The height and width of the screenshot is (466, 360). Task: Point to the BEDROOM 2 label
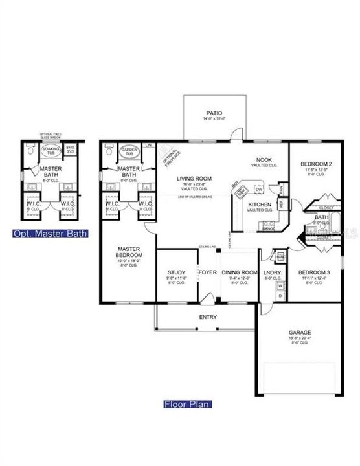[x=317, y=165]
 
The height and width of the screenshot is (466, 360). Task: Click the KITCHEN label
[x=259, y=204]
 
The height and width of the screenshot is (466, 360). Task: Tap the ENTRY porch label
[x=208, y=317]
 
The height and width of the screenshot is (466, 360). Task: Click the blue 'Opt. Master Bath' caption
[x=49, y=232]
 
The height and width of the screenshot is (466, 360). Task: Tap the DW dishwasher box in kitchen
[x=258, y=188]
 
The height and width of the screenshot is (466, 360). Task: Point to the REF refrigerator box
[x=280, y=202]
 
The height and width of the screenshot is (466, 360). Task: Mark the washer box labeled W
[x=281, y=285]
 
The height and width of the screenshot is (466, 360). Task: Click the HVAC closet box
[x=281, y=256]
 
